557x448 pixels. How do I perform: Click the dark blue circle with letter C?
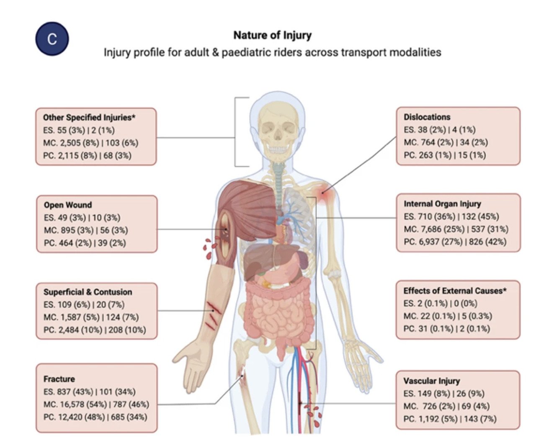click(x=52, y=39)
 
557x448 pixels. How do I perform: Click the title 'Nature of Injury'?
click(x=273, y=35)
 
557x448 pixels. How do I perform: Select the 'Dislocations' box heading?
click(x=427, y=117)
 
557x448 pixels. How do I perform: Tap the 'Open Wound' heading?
click(x=68, y=205)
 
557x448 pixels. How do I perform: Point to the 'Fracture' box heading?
click(x=59, y=379)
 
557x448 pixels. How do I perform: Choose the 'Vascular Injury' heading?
click(x=431, y=381)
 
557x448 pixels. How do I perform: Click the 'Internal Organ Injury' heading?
click(x=442, y=204)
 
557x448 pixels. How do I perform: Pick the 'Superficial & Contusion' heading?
click(x=88, y=292)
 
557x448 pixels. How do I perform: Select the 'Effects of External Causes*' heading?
click(x=455, y=291)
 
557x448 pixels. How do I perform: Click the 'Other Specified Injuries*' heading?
click(x=89, y=118)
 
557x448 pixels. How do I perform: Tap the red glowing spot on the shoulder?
click(x=323, y=193)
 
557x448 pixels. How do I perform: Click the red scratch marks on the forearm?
click(x=213, y=315)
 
